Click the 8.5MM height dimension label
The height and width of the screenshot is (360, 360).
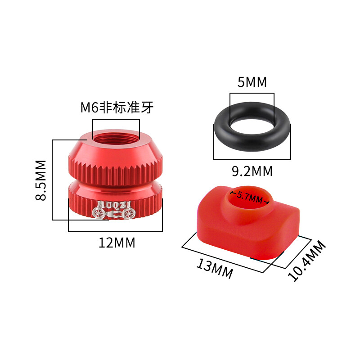pos(41,180)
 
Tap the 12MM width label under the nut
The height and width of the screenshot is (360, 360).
pos(117,243)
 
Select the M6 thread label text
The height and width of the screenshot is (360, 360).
pos(116,108)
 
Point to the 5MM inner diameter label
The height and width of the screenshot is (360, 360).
pos(252,82)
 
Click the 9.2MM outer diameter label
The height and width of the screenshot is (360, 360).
pos(252,171)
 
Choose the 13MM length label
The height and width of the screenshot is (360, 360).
pos(214,269)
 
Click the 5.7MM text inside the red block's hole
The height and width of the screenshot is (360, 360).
pos(249,197)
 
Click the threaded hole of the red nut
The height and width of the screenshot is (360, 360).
pos(116,134)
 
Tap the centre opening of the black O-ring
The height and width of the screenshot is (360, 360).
pos(252,127)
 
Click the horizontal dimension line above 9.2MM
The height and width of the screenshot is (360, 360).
pos(252,159)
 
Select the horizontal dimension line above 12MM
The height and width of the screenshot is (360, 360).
pos(115,231)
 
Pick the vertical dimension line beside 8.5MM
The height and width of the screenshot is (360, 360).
pos(53,180)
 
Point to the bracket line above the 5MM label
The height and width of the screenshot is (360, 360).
pos(252,94)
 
